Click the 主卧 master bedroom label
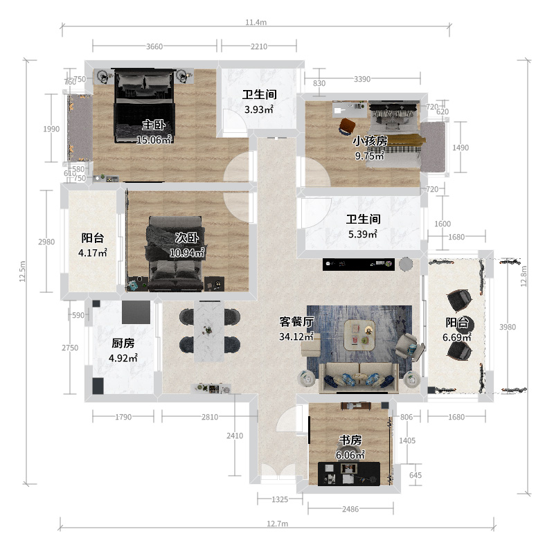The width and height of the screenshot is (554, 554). [154, 125]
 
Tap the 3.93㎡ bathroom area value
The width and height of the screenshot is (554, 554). [259, 109]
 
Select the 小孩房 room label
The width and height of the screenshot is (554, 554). [370, 141]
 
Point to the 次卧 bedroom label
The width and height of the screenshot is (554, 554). [187, 238]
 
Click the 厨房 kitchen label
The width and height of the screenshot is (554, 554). [123, 343]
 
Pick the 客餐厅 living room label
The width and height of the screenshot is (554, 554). [296, 322]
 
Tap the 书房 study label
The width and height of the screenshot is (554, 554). [350, 440]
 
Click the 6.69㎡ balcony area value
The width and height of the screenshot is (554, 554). [457, 337]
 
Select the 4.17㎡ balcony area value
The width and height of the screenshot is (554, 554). [93, 253]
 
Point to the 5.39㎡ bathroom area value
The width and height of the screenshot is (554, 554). [363, 234]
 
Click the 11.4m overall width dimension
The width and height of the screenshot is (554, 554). [256, 22]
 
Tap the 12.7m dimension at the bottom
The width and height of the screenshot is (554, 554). [278, 524]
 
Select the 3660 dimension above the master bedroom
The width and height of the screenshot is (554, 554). [154, 46]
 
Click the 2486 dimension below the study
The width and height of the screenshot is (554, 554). [350, 509]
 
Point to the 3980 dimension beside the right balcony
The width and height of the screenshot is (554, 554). [508, 327]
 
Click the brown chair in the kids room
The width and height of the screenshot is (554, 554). [347, 127]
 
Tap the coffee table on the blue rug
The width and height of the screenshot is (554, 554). [359, 334]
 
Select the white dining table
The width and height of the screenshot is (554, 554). [209, 332]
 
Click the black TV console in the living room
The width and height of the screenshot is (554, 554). [358, 265]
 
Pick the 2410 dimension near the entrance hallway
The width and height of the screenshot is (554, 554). [235, 436]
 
